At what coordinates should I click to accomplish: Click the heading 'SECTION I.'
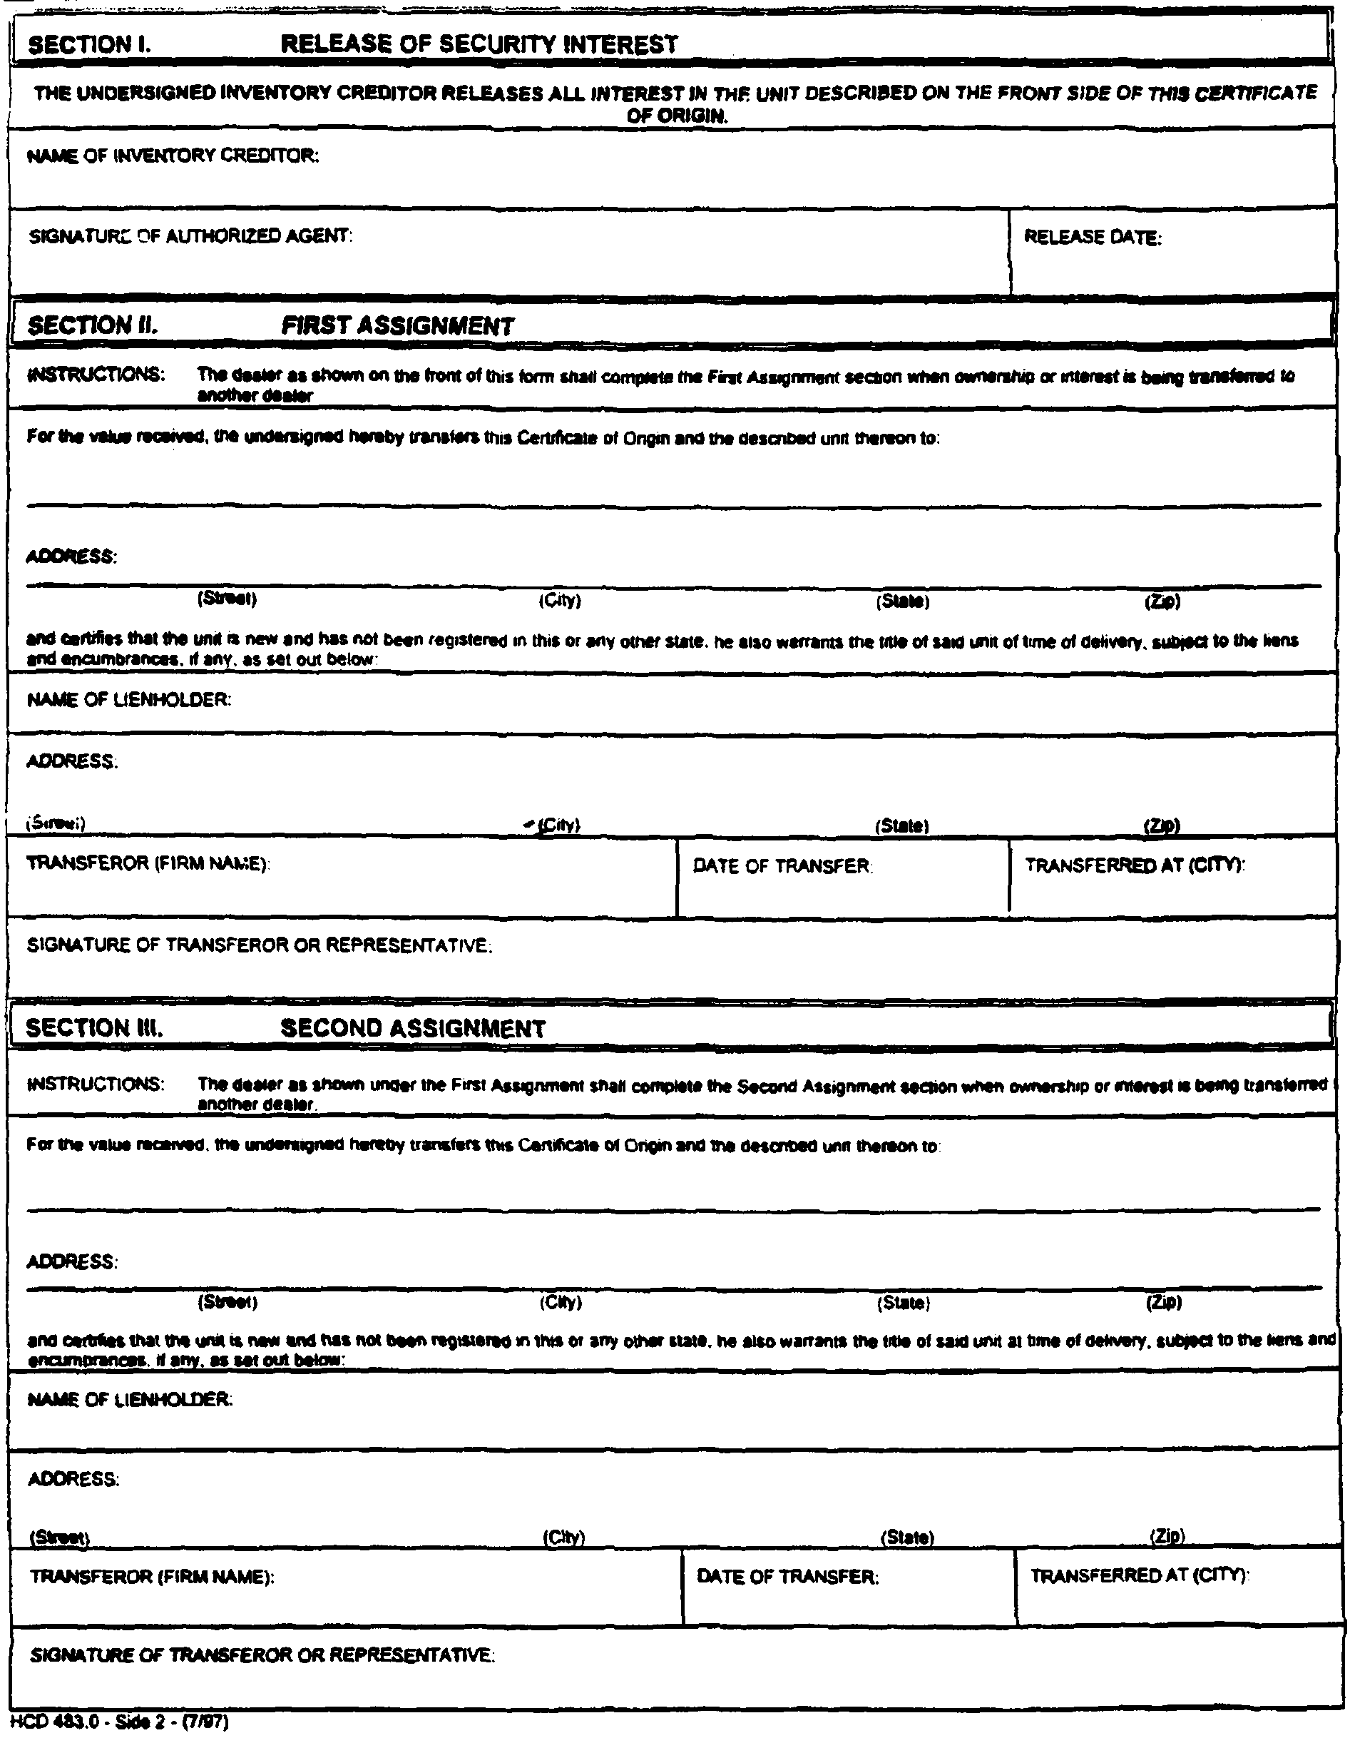(89, 44)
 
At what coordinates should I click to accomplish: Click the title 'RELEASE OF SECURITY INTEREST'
(479, 44)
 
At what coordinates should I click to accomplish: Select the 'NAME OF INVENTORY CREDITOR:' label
(173, 156)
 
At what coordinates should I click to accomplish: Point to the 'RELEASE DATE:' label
(1093, 237)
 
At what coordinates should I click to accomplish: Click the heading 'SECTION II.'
(92, 325)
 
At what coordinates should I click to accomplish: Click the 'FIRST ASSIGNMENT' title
(398, 325)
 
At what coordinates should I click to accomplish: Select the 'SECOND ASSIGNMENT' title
(413, 1029)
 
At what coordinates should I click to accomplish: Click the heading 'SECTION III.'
(95, 1028)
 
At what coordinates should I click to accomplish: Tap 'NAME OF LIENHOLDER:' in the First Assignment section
(130, 701)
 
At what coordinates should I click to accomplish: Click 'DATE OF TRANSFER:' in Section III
(787, 1577)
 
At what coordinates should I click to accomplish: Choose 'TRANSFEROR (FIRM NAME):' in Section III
(152, 1577)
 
